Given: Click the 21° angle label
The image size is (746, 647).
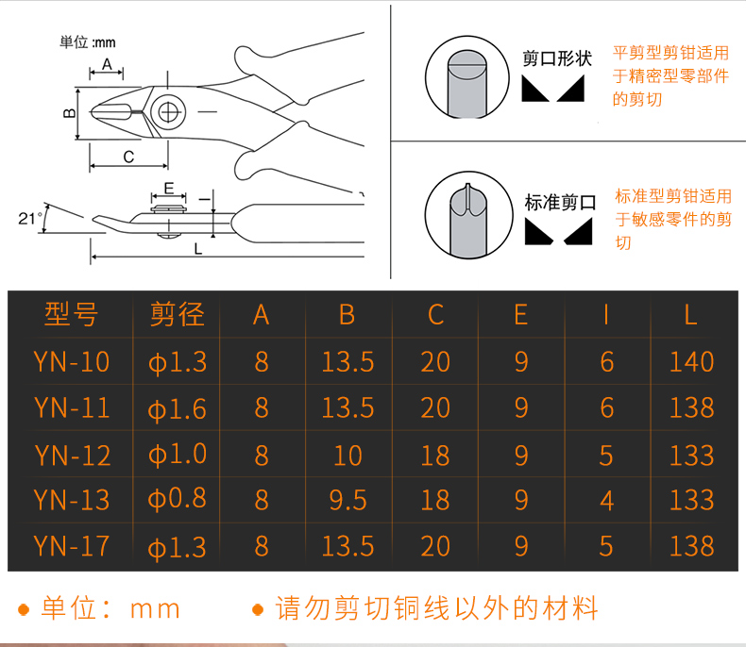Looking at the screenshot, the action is pos(29,219).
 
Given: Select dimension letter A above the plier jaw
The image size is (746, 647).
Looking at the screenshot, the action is pos(107,64).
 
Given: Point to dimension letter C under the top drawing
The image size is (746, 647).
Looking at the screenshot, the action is pos(128,157).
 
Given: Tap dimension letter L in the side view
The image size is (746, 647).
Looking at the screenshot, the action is pos(198,248).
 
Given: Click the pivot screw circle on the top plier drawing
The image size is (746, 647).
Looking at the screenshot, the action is pos(168,112).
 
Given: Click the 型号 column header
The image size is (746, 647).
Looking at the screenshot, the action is pos(72,314).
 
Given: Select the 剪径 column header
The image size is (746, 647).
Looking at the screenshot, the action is pos(177,314).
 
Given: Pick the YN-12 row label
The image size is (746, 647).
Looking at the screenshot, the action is pos(73,456).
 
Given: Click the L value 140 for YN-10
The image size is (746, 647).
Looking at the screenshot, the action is pos(692,361).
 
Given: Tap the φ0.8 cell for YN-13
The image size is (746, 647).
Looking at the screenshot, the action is pos(177,499).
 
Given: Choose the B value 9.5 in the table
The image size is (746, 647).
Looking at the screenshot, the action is pos(348,500).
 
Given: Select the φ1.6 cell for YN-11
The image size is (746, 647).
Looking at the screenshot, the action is pos(177,409).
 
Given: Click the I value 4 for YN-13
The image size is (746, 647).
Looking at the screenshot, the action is pos(606,501).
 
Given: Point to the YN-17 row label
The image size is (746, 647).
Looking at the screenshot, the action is pos(72,546).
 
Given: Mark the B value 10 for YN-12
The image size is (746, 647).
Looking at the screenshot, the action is pos(348,456).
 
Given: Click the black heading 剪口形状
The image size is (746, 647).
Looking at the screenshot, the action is pos(557,58).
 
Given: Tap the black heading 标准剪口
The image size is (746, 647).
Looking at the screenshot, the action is pos(561,203).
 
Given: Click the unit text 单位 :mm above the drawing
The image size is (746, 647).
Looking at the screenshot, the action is pos(88,42).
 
